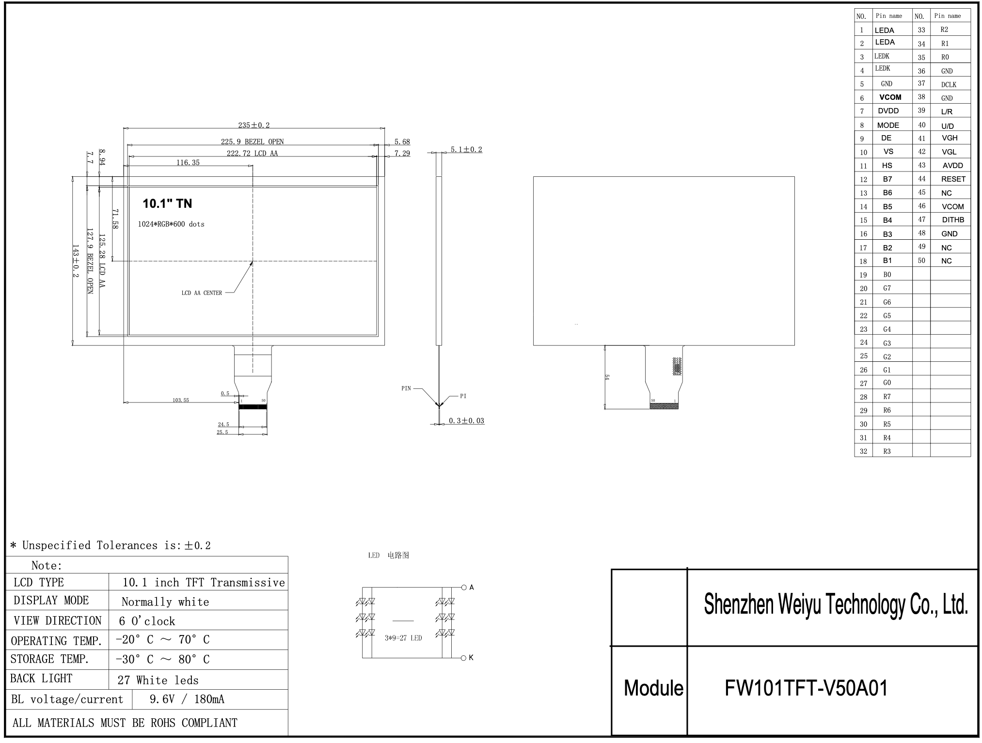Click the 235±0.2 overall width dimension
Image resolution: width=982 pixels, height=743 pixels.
(253, 125)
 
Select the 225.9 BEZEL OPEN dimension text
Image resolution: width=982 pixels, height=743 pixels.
(252, 141)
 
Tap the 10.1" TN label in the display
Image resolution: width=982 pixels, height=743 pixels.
(167, 203)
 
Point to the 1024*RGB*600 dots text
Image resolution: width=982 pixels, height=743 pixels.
(171, 224)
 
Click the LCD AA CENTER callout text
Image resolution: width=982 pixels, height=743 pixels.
(202, 293)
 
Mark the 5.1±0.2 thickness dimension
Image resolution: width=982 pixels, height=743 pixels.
(466, 149)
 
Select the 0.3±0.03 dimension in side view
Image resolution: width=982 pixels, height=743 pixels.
(466, 420)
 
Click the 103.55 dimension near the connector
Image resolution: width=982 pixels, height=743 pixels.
(181, 400)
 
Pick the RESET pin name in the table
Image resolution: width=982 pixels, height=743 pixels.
(953, 179)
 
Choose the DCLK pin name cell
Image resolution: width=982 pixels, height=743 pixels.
(949, 85)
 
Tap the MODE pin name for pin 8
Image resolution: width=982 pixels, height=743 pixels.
(888, 125)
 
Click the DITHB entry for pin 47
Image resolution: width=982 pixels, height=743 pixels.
(952, 220)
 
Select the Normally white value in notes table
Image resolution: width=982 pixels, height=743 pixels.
(165, 602)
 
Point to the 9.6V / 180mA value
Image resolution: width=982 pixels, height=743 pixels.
(187, 699)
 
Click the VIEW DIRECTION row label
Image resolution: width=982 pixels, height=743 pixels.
(58, 621)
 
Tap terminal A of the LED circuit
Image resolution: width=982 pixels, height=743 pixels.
(464, 588)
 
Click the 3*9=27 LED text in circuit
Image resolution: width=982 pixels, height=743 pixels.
(403, 638)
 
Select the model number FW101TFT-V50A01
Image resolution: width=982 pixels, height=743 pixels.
(806, 688)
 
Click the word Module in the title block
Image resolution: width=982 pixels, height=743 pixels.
(653, 688)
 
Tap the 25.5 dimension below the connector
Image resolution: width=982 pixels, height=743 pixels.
(222, 432)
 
